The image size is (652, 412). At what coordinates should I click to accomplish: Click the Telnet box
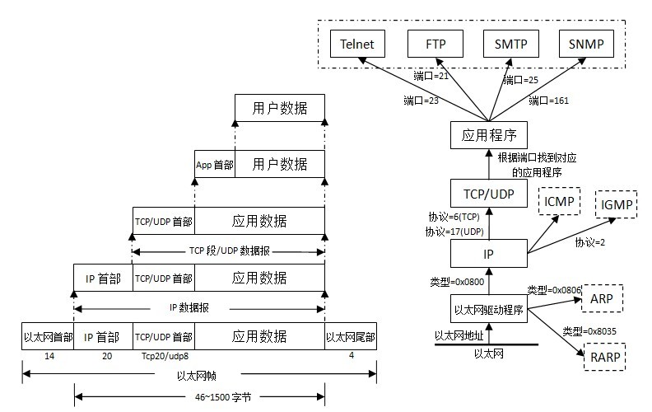coord(357,43)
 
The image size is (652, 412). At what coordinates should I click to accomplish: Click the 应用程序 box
coord(489,134)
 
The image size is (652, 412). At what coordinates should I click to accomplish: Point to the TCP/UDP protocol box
coord(489,194)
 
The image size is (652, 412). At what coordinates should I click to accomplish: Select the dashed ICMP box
coord(560,201)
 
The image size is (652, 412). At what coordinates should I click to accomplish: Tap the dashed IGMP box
coord(617,204)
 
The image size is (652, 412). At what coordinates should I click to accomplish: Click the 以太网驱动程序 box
coord(489,311)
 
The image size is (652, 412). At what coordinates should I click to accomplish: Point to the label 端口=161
coord(549,101)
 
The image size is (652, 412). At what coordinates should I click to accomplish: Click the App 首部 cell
coord(214,164)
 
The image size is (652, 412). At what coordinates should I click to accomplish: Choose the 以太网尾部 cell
coord(351,337)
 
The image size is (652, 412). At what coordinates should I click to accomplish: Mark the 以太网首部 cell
coord(48,337)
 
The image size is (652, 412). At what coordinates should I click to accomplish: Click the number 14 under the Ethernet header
coord(49,358)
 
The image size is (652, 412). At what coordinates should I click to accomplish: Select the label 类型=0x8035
coord(589,330)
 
